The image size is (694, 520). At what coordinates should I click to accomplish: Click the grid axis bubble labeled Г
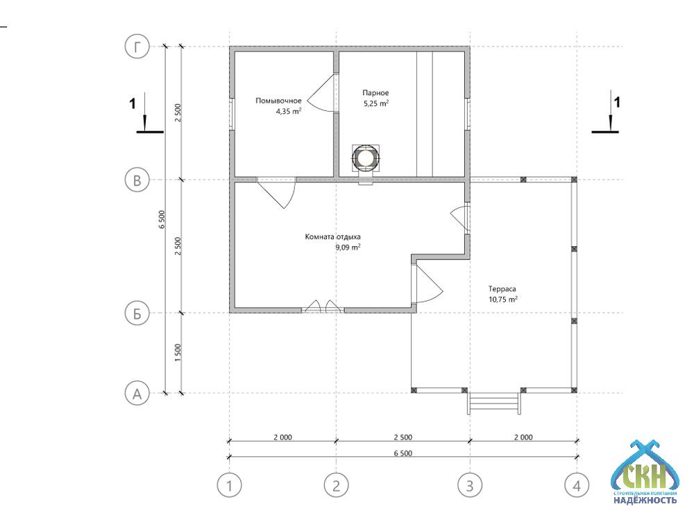(137, 46)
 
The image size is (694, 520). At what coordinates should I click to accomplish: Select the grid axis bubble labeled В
(137, 180)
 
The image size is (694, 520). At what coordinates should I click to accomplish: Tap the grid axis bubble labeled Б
(137, 313)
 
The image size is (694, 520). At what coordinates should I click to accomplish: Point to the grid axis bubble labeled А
(137, 393)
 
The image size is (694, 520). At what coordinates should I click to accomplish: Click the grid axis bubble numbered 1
(229, 485)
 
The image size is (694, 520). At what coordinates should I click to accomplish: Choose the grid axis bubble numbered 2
(337, 485)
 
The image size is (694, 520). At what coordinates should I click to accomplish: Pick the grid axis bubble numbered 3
(470, 485)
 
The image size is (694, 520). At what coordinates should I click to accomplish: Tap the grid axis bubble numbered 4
(577, 485)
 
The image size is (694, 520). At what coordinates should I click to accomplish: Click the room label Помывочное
(278, 101)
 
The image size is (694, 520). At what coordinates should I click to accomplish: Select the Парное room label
(375, 93)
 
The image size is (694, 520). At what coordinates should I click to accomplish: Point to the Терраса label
(502, 288)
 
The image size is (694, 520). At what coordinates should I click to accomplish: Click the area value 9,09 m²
(348, 248)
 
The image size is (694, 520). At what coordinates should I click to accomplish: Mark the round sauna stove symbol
(366, 157)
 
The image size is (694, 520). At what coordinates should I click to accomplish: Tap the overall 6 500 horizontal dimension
(403, 453)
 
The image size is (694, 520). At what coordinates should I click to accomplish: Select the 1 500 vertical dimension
(178, 353)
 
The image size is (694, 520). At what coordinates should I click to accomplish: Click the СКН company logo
(645, 472)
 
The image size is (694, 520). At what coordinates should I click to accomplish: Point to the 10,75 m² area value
(502, 300)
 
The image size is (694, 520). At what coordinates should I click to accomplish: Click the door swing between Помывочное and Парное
(321, 93)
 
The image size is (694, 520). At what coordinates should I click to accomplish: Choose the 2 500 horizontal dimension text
(403, 437)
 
